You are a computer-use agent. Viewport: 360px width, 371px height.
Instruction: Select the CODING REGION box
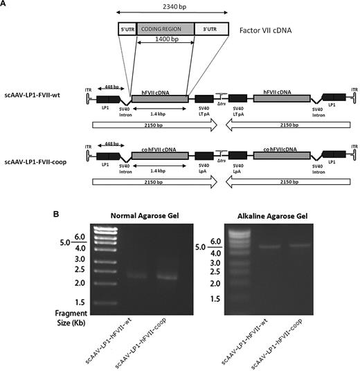tap(165, 29)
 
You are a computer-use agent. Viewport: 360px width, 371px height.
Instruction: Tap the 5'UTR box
tap(127, 29)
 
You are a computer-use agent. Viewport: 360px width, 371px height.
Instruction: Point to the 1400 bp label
tap(165, 51)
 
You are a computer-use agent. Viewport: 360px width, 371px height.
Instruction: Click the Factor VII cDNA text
tap(267, 31)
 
